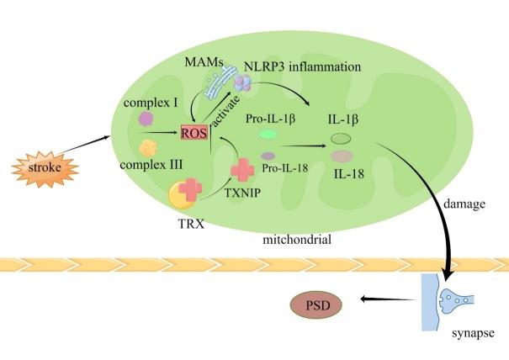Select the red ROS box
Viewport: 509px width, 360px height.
(x=194, y=132)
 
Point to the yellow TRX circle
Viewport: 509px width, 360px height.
(x=184, y=196)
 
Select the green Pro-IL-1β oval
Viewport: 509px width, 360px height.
(x=268, y=134)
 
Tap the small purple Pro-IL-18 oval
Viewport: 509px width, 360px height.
(x=268, y=156)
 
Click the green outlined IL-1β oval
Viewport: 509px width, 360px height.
(x=340, y=138)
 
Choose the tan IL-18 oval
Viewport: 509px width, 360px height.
(x=342, y=156)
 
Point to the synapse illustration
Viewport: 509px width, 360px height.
(x=453, y=300)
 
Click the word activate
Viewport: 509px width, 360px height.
(x=225, y=108)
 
